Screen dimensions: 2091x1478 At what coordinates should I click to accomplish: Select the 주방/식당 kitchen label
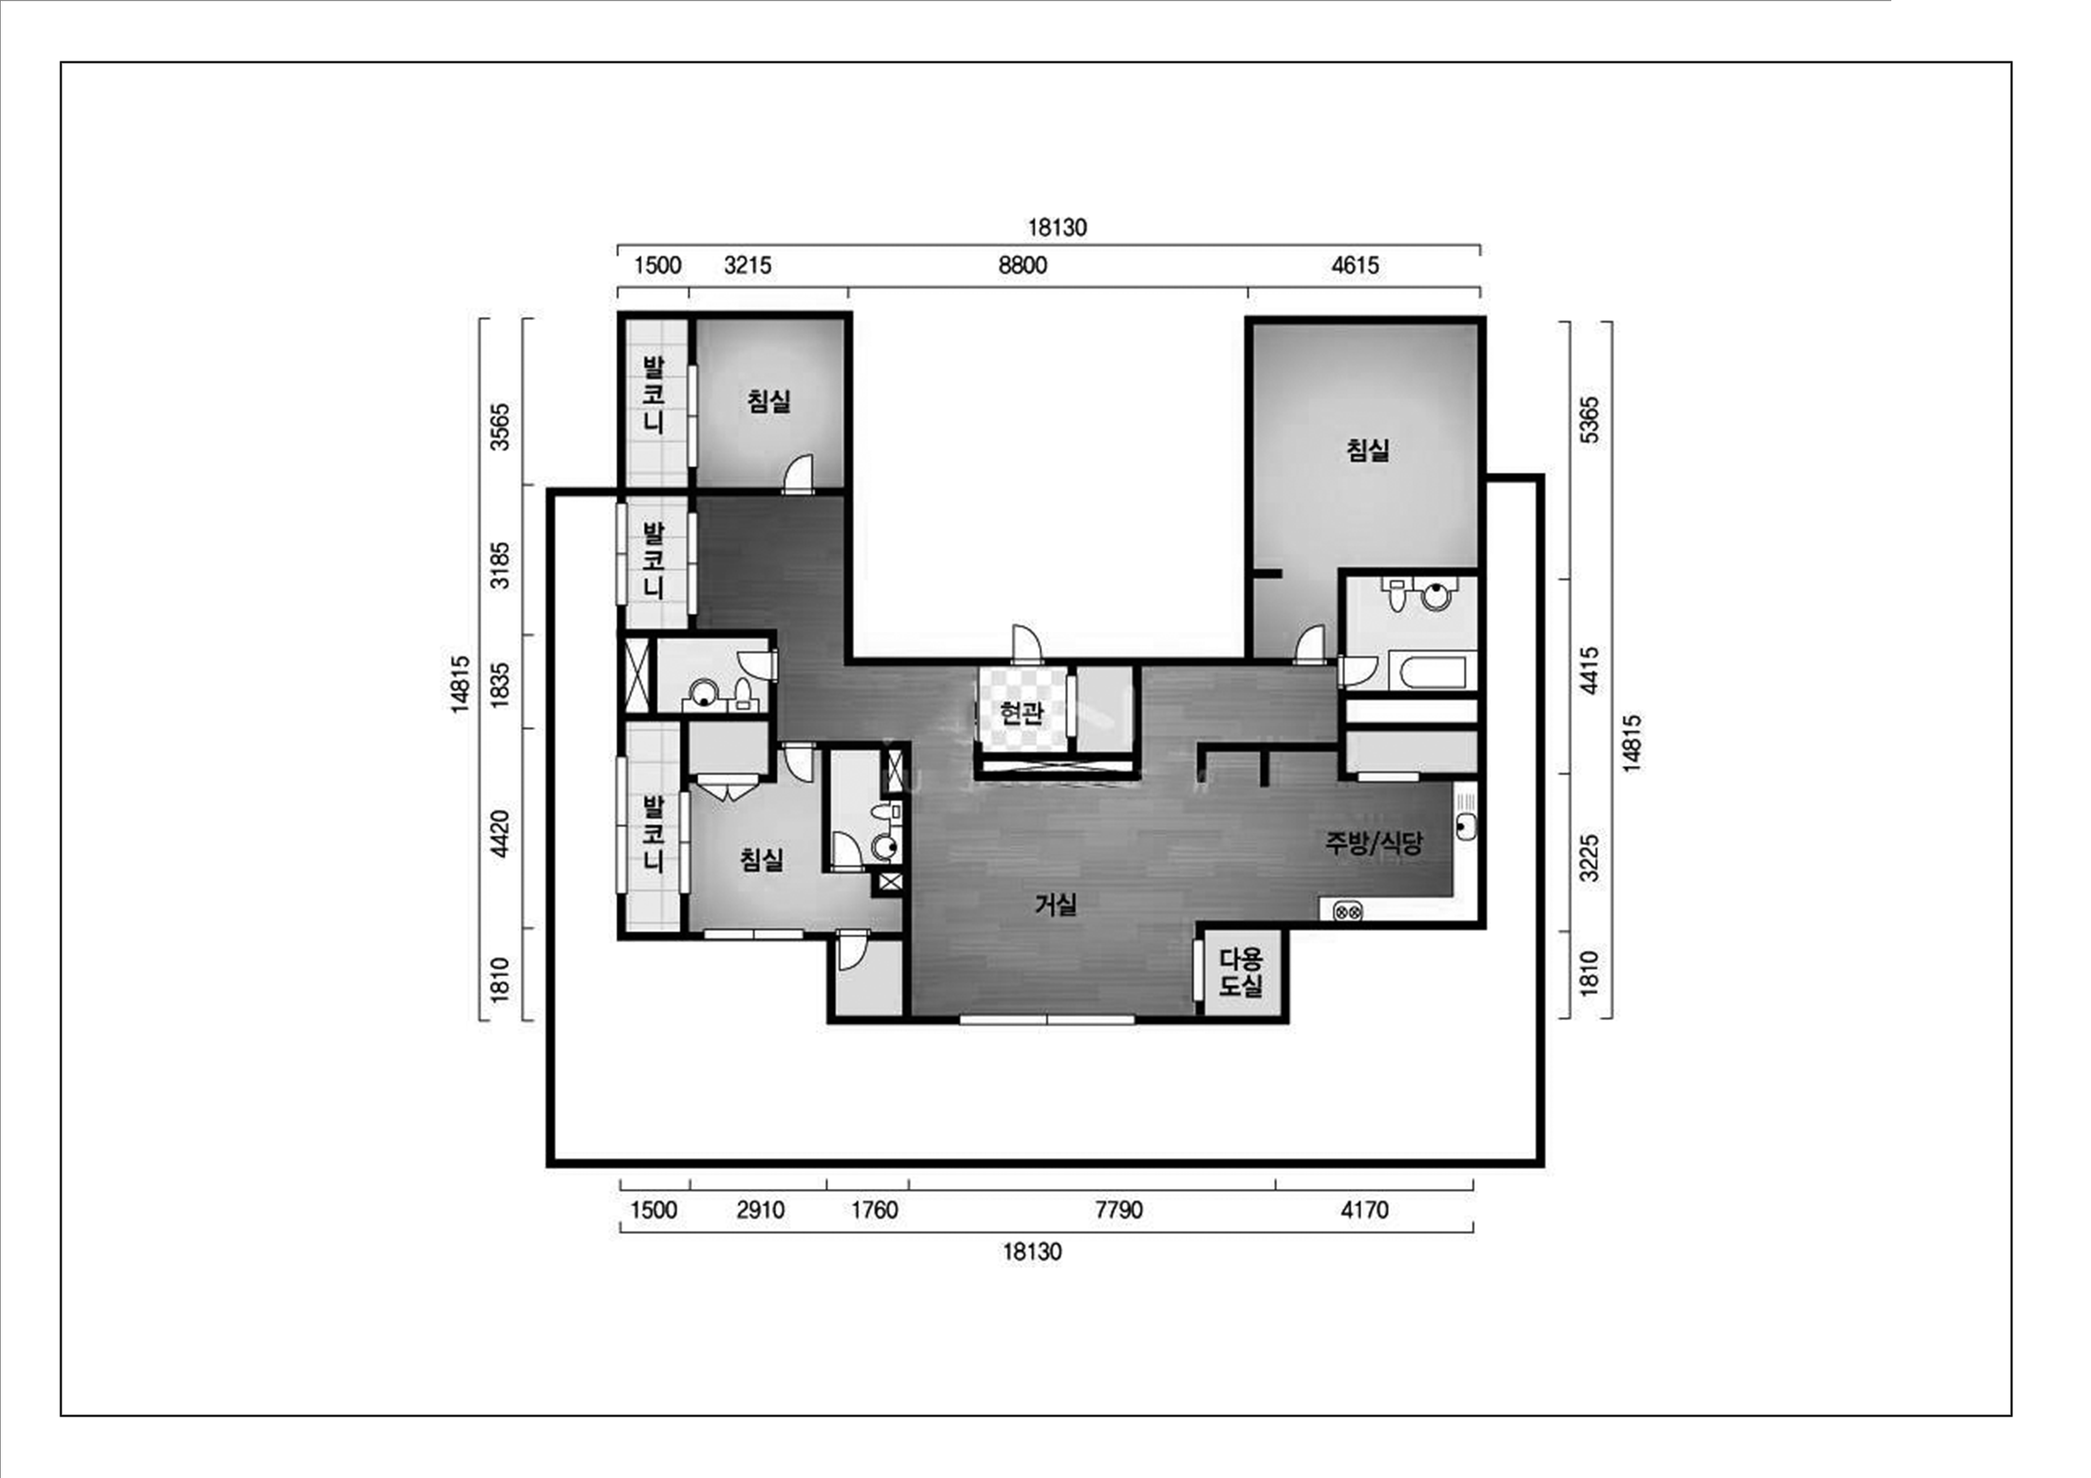pyautogui.click(x=1373, y=843)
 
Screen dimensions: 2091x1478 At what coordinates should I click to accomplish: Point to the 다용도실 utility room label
pyautogui.click(x=1241, y=972)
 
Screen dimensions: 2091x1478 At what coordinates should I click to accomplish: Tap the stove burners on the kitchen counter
pyautogui.click(x=1348, y=910)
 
